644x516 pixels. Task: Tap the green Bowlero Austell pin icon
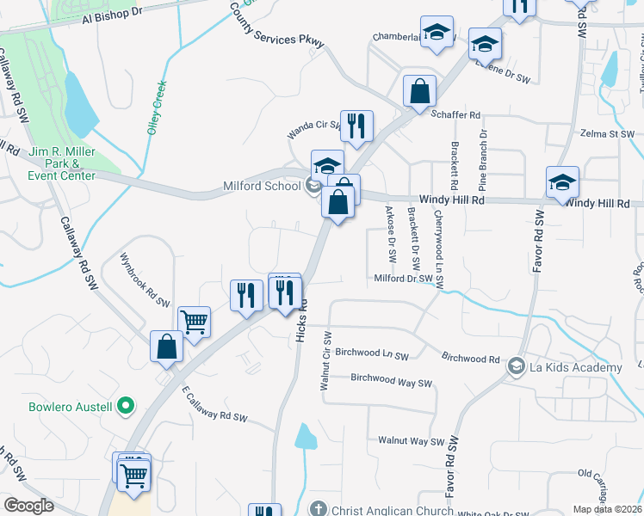pos(126,404)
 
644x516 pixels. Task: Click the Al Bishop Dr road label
pos(112,15)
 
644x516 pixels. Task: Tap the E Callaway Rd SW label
pos(214,404)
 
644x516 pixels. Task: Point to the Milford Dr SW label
pos(402,278)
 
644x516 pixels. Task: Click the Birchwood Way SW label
pos(391,378)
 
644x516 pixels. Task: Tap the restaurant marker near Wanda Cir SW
pos(356,126)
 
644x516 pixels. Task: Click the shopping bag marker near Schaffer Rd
pos(419,91)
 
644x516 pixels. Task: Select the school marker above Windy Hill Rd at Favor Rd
pos(562,182)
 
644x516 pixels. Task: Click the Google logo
pos(28,505)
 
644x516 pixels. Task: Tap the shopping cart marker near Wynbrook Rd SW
pos(195,322)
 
